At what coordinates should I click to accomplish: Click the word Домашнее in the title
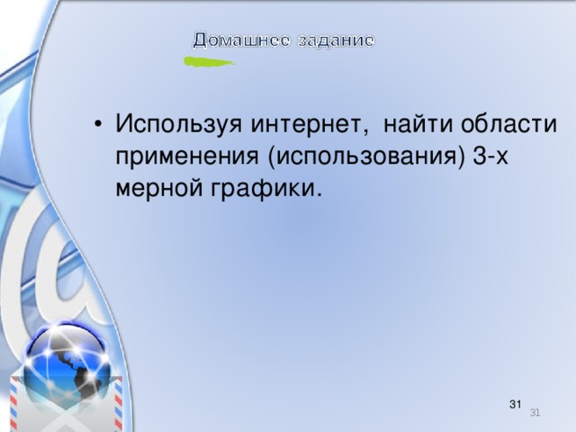click(x=238, y=40)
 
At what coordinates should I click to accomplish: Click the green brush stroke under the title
click(x=208, y=62)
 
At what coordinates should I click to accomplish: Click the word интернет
click(x=301, y=123)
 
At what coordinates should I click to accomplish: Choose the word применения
click(x=188, y=157)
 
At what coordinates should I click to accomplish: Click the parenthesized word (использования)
click(x=365, y=157)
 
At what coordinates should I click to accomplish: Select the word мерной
click(x=152, y=189)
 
